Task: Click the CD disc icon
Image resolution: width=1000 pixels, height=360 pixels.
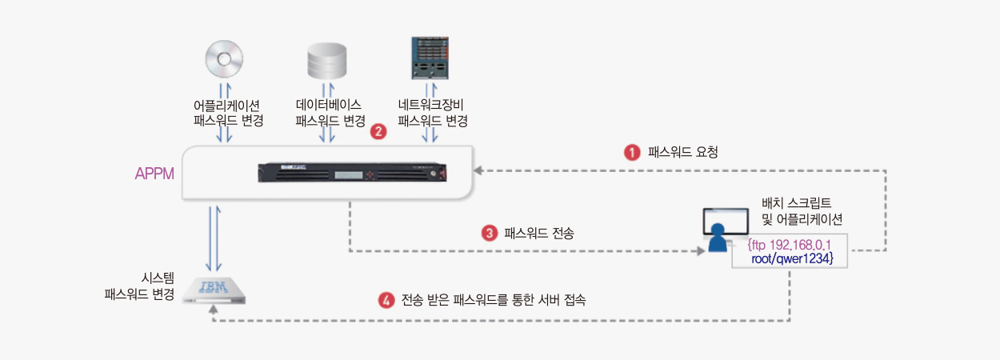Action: coord(224,59)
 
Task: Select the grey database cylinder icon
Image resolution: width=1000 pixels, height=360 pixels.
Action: coord(326,61)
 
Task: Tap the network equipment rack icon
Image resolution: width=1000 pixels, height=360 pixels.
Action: coord(430,58)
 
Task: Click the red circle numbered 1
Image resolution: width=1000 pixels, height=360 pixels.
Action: coord(632,152)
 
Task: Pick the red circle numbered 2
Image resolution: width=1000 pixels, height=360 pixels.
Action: coord(378,131)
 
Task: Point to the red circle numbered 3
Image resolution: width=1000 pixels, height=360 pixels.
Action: coord(490,233)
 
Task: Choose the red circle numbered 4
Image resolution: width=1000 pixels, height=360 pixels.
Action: coord(386,300)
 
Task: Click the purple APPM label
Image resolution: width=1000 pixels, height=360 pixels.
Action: coord(154,174)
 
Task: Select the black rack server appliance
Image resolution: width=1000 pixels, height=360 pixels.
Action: coord(352,173)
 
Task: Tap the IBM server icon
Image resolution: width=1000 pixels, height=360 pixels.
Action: coord(214,291)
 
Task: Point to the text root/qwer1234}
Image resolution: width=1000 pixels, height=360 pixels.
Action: coord(793,258)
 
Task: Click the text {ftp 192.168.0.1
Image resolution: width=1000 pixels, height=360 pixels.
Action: coord(790,245)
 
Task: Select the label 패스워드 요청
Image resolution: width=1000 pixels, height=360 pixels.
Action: coord(683,152)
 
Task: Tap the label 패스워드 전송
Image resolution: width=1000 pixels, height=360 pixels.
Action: coord(539,233)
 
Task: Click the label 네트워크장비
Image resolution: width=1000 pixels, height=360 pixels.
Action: coord(431,105)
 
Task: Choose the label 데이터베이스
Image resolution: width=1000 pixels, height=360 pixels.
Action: coord(329,105)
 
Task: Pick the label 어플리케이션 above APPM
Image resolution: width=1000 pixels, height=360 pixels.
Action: coord(226,106)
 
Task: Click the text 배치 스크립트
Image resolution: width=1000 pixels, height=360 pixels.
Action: coord(797,203)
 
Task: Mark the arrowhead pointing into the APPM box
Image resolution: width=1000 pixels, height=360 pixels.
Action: coord(478,170)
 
